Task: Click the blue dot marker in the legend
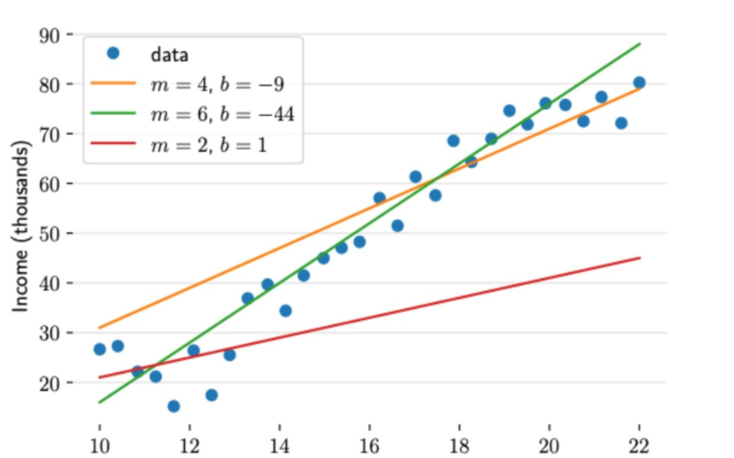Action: (x=115, y=53)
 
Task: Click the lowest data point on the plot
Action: (x=173, y=406)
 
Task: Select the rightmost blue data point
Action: (x=639, y=82)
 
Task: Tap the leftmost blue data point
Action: (x=99, y=349)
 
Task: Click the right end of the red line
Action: (x=640, y=258)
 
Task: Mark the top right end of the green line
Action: (x=640, y=44)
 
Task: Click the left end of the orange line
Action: (x=99, y=328)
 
